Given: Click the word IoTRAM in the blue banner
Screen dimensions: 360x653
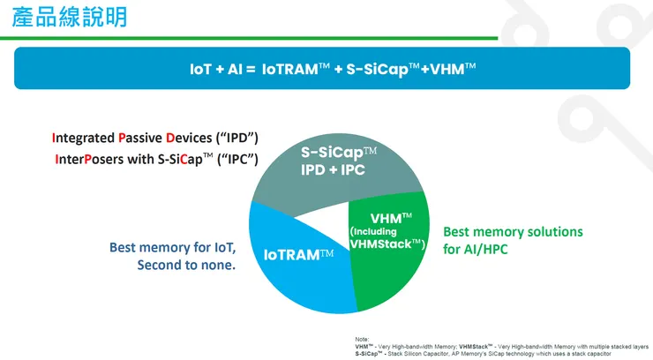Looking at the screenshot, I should click(x=289, y=68).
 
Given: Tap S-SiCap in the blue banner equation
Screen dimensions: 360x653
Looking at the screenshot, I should click(x=382, y=68).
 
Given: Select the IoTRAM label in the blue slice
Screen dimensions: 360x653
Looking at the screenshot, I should click(x=293, y=255).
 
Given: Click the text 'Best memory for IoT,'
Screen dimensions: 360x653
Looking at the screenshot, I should click(x=173, y=247).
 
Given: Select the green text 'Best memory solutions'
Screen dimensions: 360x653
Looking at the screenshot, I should click(x=512, y=231).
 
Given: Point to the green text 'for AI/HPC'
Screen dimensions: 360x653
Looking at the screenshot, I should click(x=475, y=250).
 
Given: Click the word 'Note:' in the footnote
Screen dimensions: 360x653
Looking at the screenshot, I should click(x=362, y=339).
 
